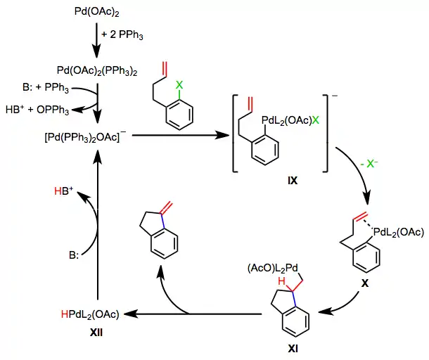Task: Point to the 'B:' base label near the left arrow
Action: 70,253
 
